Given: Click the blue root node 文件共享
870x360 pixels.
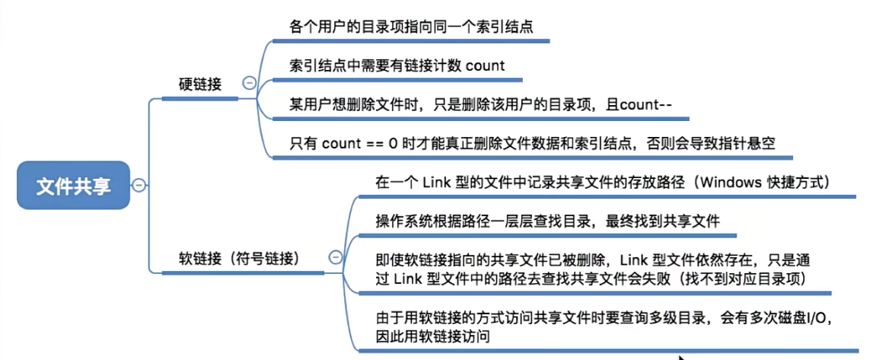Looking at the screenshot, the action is pyautogui.click(x=73, y=186).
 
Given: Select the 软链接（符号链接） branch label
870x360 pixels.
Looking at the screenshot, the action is pyautogui.click(x=236, y=258).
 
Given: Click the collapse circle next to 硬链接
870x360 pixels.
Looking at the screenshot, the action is pyautogui.click(x=248, y=84).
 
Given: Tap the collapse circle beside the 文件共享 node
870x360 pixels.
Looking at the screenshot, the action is pyautogui.click(x=139, y=185).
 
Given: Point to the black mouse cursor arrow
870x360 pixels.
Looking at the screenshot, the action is pyautogui.click(x=681, y=355).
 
